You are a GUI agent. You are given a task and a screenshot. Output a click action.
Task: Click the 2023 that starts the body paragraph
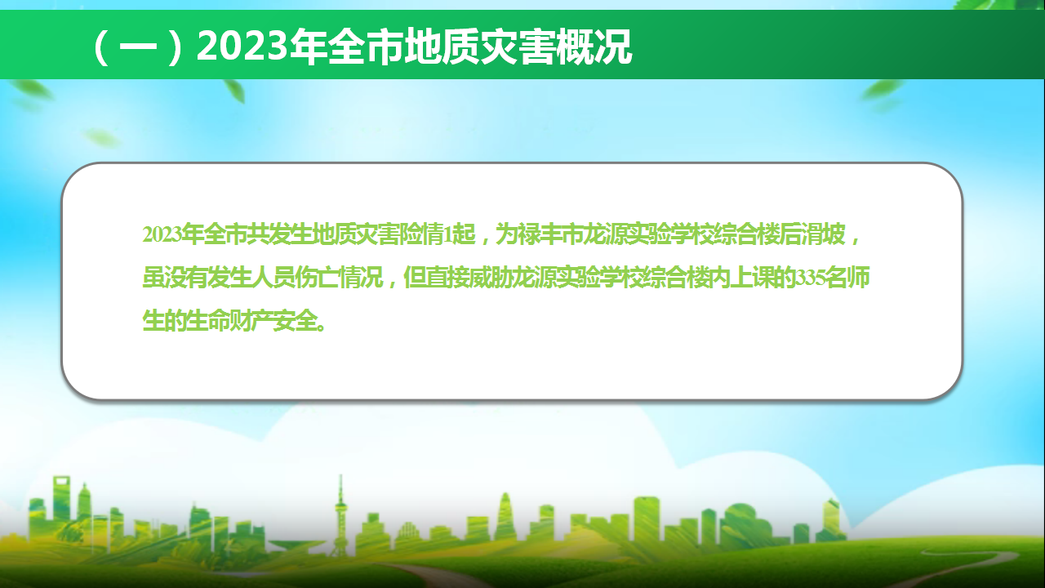pyautogui.click(x=162, y=234)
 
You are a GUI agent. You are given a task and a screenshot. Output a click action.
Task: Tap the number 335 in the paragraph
pyautogui.click(x=811, y=278)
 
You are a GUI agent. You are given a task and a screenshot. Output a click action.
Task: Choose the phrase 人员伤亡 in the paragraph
pyautogui.click(x=296, y=278)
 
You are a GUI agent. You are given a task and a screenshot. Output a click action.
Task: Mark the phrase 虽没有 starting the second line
pyautogui.click(x=175, y=278)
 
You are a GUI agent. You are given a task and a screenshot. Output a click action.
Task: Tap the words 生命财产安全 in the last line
pyautogui.click(x=251, y=321)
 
